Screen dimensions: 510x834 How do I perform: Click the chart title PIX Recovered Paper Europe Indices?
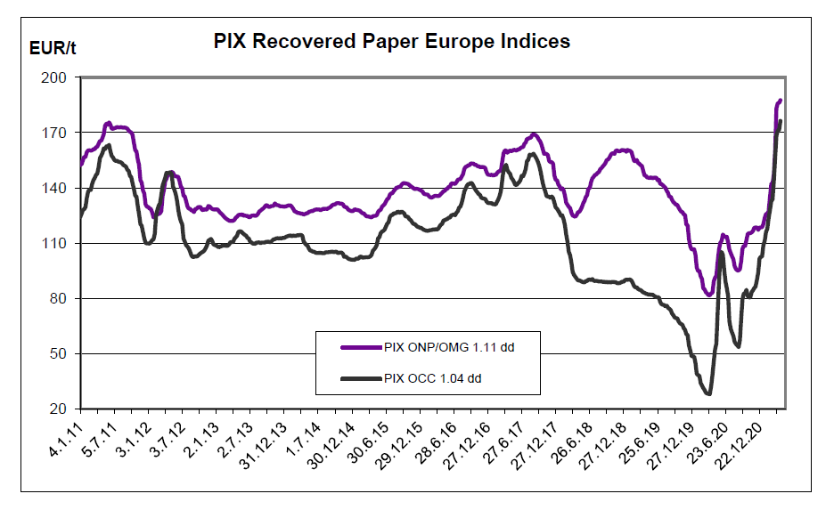392,42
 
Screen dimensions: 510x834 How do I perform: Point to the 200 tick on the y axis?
56,77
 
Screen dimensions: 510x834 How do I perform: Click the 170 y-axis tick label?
56,133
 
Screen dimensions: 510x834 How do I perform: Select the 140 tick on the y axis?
56,188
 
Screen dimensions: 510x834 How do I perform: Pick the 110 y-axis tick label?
56,243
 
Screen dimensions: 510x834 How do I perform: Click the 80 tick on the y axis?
60,298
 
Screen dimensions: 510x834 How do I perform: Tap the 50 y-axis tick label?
60,353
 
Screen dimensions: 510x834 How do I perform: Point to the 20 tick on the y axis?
60,409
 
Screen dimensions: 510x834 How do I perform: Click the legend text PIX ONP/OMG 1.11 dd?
450,347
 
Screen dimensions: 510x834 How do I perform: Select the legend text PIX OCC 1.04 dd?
432,378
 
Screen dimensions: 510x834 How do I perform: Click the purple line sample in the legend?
360,347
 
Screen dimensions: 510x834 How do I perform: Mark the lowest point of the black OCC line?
708,393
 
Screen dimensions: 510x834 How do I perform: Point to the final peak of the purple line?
781,100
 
